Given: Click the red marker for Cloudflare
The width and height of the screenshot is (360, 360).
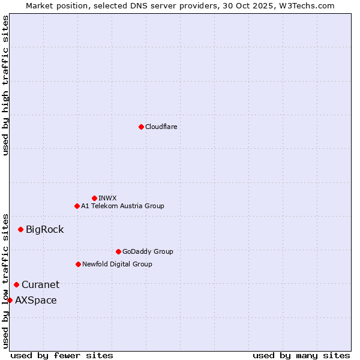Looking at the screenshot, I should (x=141, y=127).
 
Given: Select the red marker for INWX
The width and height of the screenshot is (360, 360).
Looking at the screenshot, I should (x=94, y=198).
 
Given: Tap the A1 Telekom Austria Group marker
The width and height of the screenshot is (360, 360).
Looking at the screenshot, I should (x=77, y=206).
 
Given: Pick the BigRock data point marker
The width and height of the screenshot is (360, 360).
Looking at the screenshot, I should (x=20, y=229).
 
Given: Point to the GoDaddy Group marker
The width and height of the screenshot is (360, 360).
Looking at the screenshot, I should (x=118, y=251).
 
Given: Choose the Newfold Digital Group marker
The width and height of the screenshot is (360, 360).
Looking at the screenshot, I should (x=78, y=264).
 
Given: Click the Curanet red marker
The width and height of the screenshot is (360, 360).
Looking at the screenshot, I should (x=16, y=284).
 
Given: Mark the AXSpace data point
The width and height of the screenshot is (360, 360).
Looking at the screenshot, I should (x=10, y=300).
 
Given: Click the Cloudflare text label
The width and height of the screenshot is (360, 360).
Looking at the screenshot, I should (x=161, y=127).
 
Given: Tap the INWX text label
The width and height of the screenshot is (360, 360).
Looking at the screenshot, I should (x=108, y=198).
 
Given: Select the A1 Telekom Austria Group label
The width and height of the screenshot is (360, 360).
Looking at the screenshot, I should (x=122, y=206).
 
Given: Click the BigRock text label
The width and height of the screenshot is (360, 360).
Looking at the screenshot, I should (x=44, y=229).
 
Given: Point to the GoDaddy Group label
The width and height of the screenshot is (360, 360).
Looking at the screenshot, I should (x=148, y=251).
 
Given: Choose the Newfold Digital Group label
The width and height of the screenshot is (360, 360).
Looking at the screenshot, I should (x=117, y=264).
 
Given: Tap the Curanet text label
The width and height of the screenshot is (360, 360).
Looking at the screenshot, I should (x=40, y=284).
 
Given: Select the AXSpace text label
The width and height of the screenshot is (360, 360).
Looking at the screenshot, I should (x=36, y=300).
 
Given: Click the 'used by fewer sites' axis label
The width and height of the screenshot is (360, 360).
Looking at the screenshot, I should (x=62, y=355).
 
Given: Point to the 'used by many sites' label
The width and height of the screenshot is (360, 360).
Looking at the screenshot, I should (x=301, y=355).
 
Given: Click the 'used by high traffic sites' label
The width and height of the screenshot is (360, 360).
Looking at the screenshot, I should (x=5, y=85).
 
